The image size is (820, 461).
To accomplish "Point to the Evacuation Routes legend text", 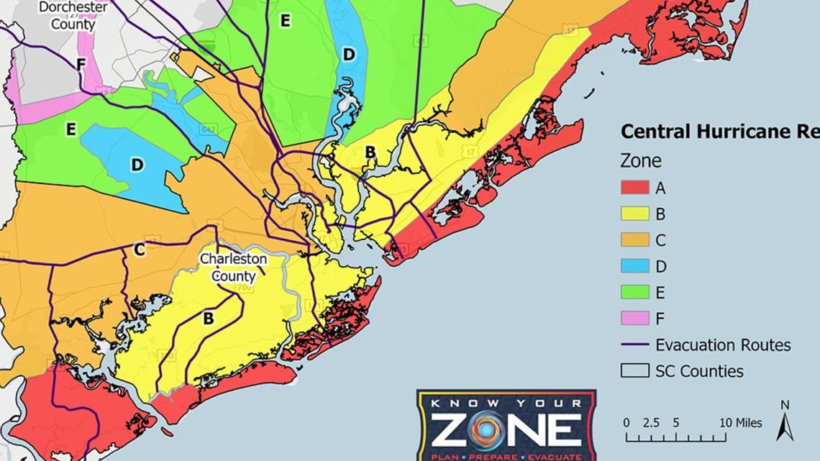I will click(x=722, y=345).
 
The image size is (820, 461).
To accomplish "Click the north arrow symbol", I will click(x=785, y=424).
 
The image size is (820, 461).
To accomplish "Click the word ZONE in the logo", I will click(x=506, y=431).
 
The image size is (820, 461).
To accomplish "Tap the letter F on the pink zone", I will click(x=81, y=65).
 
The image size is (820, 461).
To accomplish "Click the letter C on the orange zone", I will click(x=140, y=250).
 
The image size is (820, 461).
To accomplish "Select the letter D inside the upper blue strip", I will click(x=349, y=54).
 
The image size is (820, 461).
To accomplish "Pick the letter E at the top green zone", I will click(x=285, y=20).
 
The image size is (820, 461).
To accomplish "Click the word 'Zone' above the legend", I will click(x=640, y=161).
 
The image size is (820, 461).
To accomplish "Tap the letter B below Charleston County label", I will click(x=208, y=317).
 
